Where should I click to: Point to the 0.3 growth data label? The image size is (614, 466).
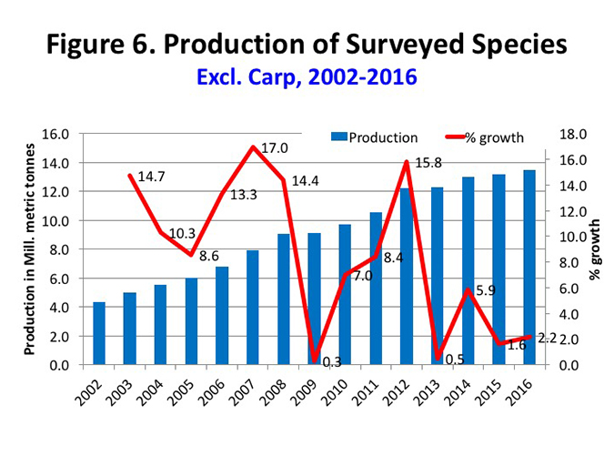coord(332,362)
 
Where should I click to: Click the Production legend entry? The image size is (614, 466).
coord(373,137)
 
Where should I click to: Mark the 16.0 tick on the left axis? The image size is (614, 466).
coord(57,134)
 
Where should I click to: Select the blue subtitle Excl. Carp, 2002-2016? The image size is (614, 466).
coord(307,77)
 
